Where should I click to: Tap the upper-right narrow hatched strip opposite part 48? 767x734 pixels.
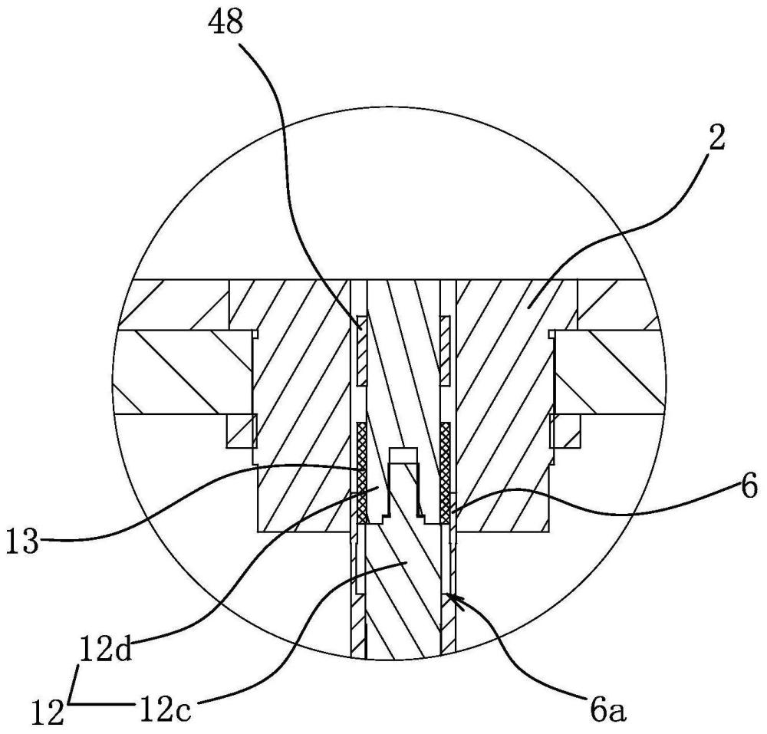[444, 349]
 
